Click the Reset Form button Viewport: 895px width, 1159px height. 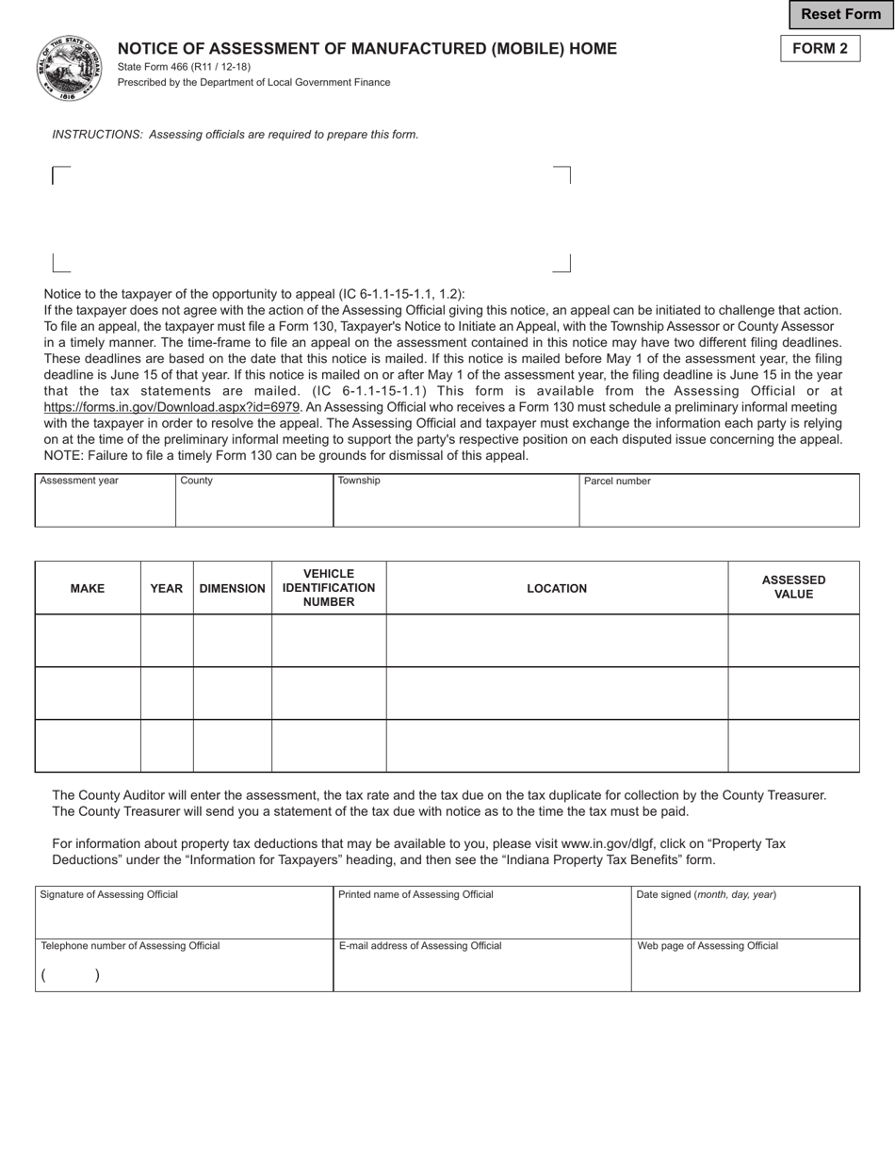(840, 15)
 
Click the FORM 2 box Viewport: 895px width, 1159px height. (820, 48)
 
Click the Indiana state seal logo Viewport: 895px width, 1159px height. (70, 68)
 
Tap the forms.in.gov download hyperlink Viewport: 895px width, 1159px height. (171, 407)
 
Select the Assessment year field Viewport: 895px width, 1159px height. (105, 505)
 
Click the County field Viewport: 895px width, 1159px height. (253, 505)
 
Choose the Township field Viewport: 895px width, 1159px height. (456, 505)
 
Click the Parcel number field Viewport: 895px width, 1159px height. (719, 505)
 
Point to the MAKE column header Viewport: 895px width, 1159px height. (88, 588)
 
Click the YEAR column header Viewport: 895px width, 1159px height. (167, 588)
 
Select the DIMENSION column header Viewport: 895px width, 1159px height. (233, 588)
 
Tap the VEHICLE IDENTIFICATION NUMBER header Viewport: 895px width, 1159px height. (329, 588)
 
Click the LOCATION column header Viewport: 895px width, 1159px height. (557, 588)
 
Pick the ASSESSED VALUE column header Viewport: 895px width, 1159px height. (793, 587)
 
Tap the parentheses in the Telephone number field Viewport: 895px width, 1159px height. (70, 975)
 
